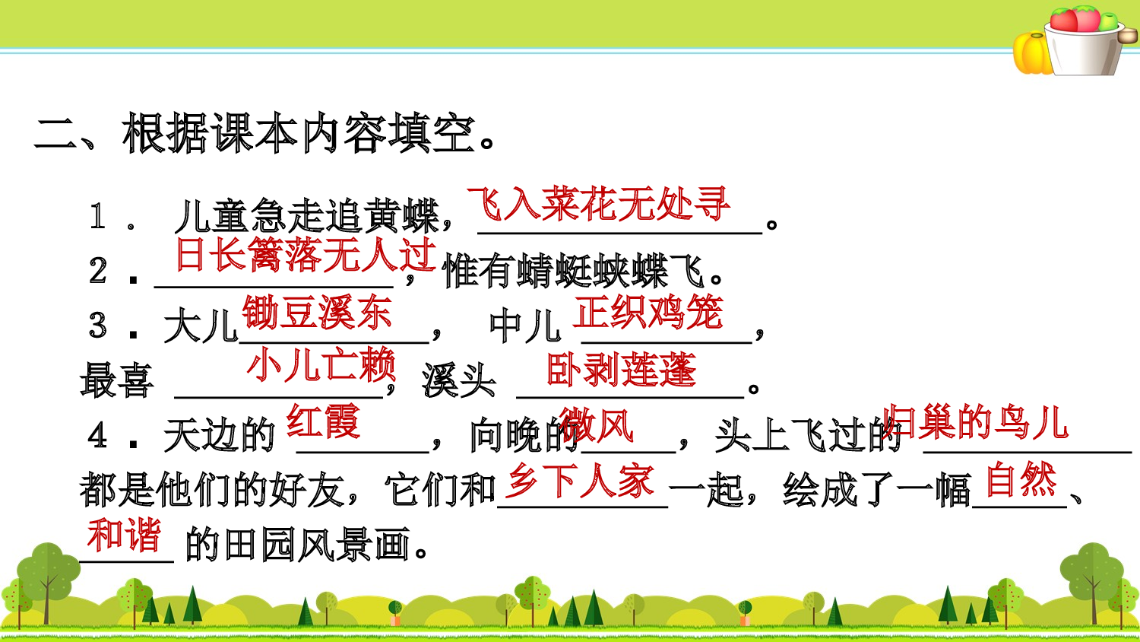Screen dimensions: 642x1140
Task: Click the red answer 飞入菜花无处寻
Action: (x=599, y=204)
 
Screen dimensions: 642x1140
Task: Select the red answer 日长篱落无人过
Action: (x=306, y=255)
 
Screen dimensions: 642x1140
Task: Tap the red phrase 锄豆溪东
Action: (x=317, y=313)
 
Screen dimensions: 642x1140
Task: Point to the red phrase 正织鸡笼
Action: (x=648, y=313)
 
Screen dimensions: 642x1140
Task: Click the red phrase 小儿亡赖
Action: (x=321, y=366)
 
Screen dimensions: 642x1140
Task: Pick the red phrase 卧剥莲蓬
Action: (x=621, y=370)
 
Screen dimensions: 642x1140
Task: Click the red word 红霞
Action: (x=323, y=421)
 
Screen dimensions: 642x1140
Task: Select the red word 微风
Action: (x=598, y=425)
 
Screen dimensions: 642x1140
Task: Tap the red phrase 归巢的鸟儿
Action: (x=977, y=423)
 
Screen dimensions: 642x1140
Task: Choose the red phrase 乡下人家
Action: (x=581, y=481)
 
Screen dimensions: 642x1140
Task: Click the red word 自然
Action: (x=1021, y=480)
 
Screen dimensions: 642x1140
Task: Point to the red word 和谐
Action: (x=124, y=535)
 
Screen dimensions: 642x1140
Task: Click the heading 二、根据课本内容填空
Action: (x=264, y=134)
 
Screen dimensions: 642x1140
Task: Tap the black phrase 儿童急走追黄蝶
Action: (x=307, y=217)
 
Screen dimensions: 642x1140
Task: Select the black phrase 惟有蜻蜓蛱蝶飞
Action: (x=575, y=272)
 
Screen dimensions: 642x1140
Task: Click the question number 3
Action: (x=98, y=326)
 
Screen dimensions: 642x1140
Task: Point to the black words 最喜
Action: (x=117, y=380)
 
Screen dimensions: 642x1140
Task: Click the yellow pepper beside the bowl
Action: (x=1031, y=52)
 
